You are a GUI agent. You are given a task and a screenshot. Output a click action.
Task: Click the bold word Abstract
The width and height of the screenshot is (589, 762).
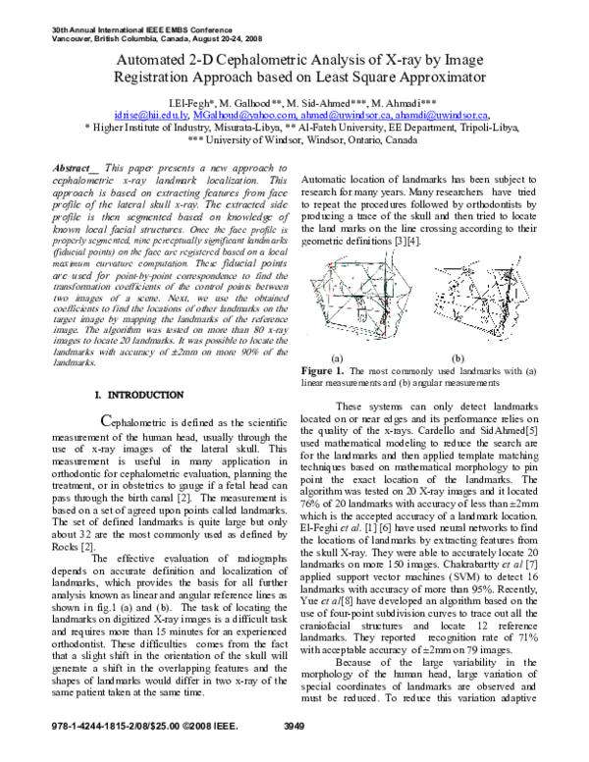pyautogui.click(x=75, y=170)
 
